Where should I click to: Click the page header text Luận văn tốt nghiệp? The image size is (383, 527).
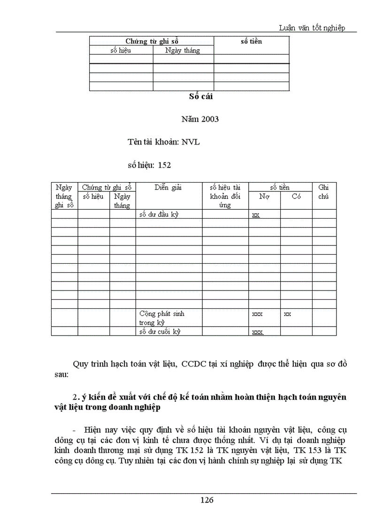[x=312, y=28]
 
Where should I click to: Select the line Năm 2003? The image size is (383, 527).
[x=200, y=119]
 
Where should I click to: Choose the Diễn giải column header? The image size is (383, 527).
[x=168, y=187]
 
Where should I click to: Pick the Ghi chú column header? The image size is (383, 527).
[x=323, y=191]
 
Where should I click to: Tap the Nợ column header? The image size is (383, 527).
[x=264, y=197]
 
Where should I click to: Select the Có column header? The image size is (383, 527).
[x=296, y=197]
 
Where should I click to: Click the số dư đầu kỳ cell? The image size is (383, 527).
[x=159, y=214]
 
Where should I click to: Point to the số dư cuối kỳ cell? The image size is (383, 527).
[x=160, y=331]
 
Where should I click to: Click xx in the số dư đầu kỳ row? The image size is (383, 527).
[x=256, y=214]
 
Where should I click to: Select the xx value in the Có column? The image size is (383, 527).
[x=287, y=313]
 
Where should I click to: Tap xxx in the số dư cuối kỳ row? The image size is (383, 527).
[x=257, y=332]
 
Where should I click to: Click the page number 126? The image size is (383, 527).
[x=207, y=500]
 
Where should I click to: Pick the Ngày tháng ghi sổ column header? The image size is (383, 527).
[x=64, y=196]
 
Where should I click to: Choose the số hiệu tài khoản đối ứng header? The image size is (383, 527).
[x=225, y=196]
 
